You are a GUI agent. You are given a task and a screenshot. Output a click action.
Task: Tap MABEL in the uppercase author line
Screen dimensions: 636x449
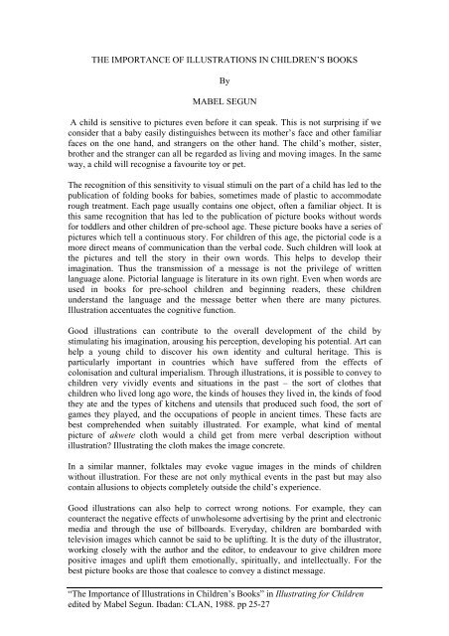click(x=203, y=99)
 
